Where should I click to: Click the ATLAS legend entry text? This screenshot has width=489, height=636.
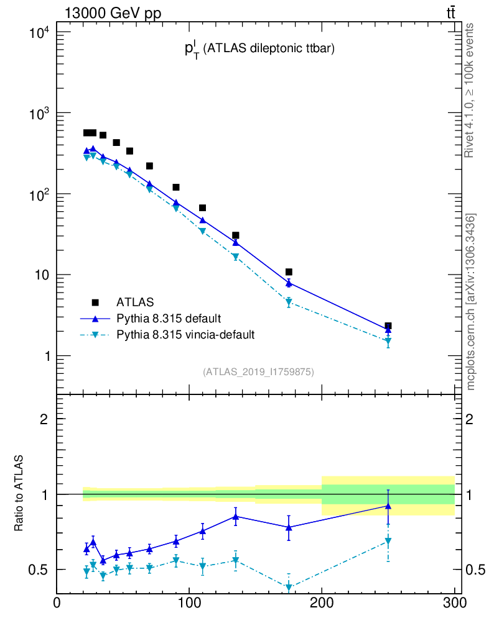pos(135,302)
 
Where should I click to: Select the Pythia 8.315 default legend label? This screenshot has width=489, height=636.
pos(168,319)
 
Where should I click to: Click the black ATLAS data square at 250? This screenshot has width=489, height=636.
pos(388,325)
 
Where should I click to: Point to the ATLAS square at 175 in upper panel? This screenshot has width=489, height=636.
pos(289,272)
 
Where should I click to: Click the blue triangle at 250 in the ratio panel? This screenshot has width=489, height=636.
pos(388,506)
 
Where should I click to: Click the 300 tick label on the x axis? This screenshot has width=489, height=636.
pos(454,603)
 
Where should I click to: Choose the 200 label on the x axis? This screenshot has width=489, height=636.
pos(322,603)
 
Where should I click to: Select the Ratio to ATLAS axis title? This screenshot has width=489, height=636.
pos(19,493)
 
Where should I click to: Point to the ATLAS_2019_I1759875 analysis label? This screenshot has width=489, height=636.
pos(258,372)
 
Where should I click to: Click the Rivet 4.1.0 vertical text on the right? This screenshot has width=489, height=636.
pos(470,91)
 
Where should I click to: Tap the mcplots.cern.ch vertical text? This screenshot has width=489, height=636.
pos(471,302)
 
